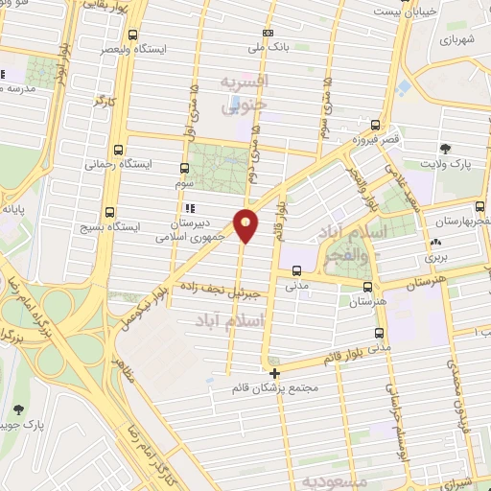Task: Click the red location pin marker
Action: point(246,225)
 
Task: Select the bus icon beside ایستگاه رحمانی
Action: point(118,151)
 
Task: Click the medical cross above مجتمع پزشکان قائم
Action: point(275,373)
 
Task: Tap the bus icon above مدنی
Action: point(296,270)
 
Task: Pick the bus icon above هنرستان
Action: point(367,286)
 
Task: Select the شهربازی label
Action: point(456,42)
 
